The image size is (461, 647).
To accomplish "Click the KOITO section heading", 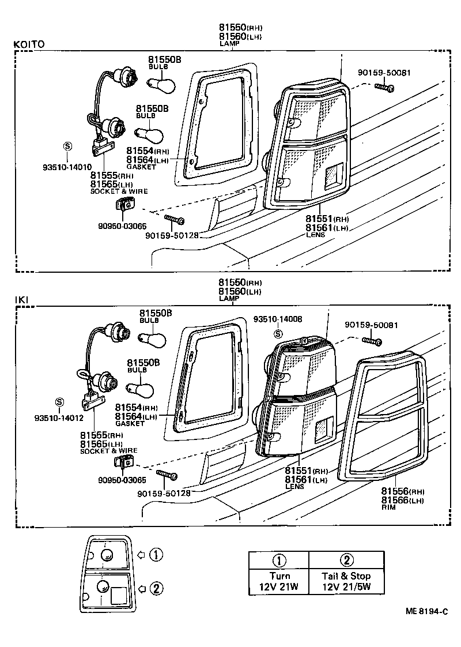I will [29, 44].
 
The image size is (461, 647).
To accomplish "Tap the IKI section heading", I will [21, 300].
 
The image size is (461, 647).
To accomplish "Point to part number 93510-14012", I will [59, 418].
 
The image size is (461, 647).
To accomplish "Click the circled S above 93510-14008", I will [278, 333].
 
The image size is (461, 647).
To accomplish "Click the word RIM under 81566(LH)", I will [388, 509].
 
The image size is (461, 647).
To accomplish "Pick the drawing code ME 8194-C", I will [427, 611].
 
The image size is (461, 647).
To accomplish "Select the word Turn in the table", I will [279, 575].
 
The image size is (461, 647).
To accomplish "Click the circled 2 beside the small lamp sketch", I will [156, 588].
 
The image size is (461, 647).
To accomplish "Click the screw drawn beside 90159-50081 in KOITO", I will [384, 88].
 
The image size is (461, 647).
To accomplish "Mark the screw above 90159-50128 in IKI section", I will [166, 475].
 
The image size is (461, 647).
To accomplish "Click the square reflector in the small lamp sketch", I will [119, 595].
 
